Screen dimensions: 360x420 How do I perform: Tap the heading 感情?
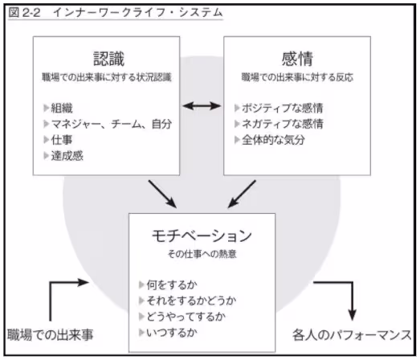tap(296, 58)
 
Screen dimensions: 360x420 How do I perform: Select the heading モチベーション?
tap(202, 236)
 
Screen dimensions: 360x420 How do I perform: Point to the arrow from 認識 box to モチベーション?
tap(161, 193)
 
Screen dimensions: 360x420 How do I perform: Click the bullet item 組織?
tap(64, 108)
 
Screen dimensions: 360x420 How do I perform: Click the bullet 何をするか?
tap(172, 284)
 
